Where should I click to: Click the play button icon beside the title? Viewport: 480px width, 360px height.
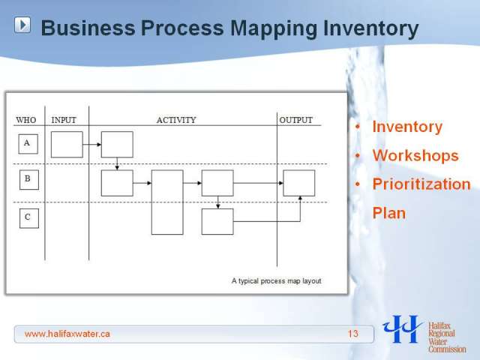(22, 25)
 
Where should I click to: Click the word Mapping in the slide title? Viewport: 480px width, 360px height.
(274, 29)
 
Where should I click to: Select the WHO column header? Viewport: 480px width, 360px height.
(26, 120)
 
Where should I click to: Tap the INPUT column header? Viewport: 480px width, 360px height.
(64, 120)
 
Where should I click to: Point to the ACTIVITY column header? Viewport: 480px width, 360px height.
(176, 120)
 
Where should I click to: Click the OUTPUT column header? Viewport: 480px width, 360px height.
(296, 120)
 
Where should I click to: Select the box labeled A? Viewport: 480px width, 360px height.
(28, 144)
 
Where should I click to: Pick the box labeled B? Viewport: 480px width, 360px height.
(29, 180)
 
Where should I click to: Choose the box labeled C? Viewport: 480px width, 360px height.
(29, 218)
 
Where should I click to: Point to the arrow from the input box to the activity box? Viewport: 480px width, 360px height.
(91, 145)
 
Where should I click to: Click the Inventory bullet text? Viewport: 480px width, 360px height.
(407, 127)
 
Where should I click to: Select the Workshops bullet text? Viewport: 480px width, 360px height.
(415, 155)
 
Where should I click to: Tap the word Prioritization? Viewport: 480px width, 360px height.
(421, 184)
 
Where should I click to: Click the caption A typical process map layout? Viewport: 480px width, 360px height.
(277, 281)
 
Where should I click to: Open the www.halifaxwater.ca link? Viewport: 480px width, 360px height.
(67, 334)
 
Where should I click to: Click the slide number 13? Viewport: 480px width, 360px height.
(352, 334)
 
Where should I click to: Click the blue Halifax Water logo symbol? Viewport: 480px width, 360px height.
(403, 329)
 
